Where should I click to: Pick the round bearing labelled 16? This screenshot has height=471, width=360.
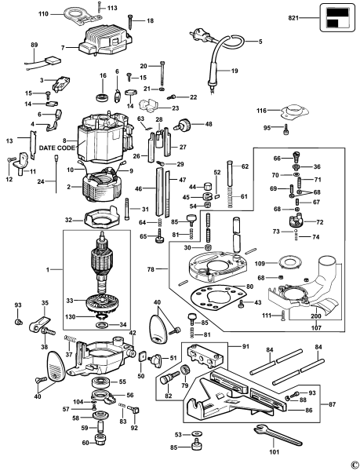[102, 97]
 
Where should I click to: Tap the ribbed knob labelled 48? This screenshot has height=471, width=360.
[187, 122]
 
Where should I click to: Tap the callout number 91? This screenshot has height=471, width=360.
[245, 345]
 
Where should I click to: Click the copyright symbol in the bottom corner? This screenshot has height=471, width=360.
[354, 465]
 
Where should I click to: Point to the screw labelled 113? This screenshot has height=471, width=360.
[99, 9]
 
